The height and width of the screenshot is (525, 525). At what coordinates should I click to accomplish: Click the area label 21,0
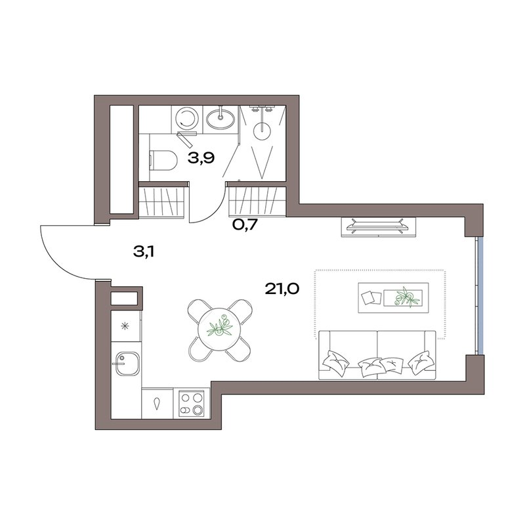[282, 289]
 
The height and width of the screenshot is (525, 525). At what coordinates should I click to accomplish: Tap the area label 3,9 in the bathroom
[201, 157]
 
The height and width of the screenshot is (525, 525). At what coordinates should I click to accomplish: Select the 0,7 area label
[245, 225]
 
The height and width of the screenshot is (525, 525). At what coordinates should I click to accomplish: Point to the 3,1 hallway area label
[144, 252]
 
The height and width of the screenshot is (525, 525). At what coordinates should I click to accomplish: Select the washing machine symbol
[186, 119]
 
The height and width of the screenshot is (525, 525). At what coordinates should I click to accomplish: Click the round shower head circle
[263, 131]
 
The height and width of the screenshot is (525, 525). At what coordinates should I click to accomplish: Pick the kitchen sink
[126, 364]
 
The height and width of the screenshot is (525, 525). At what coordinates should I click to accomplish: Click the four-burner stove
[192, 404]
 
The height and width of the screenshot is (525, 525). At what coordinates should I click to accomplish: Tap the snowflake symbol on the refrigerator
[125, 325]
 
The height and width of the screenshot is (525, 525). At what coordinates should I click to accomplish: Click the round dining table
[219, 329]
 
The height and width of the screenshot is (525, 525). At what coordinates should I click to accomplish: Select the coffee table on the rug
[393, 298]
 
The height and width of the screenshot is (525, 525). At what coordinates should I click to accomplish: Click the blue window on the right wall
[480, 296]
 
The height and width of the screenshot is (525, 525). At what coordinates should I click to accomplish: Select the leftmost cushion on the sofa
[335, 363]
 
